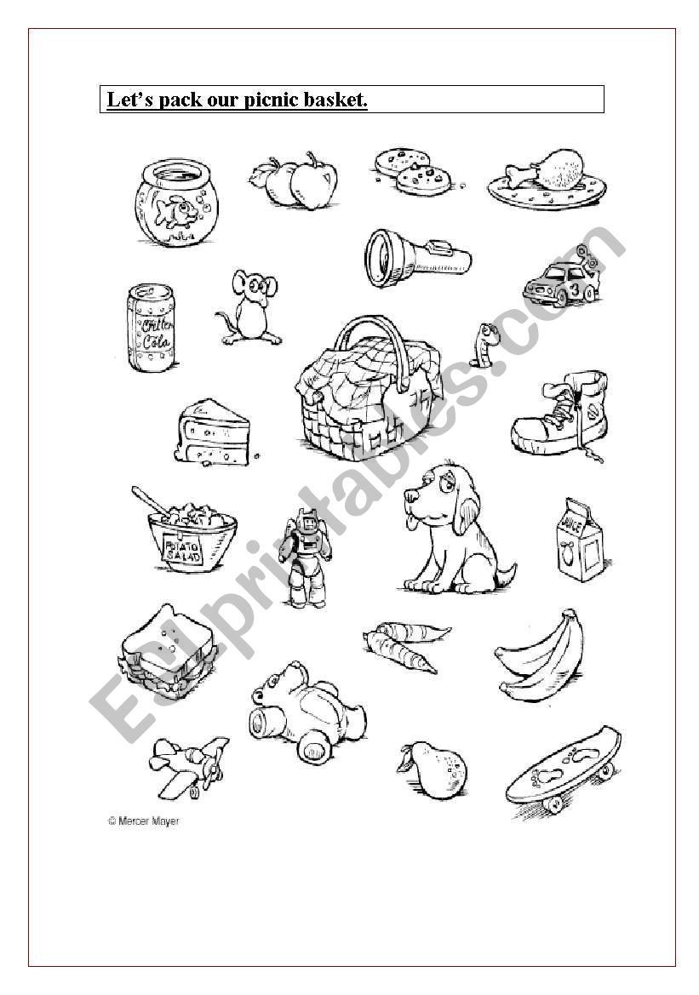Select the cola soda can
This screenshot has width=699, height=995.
[151, 328]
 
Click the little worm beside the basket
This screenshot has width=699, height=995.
[483, 345]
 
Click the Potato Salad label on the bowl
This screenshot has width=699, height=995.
[184, 550]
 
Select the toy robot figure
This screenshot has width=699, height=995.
[306, 557]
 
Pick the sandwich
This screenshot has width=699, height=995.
[166, 652]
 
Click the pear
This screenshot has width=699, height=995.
[433, 769]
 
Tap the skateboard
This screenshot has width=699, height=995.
[563, 767]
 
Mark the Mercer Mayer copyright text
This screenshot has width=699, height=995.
[144, 821]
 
